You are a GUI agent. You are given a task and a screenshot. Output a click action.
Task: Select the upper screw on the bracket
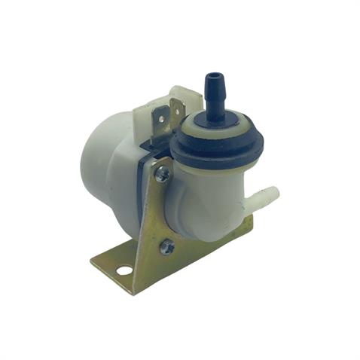[163, 174]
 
